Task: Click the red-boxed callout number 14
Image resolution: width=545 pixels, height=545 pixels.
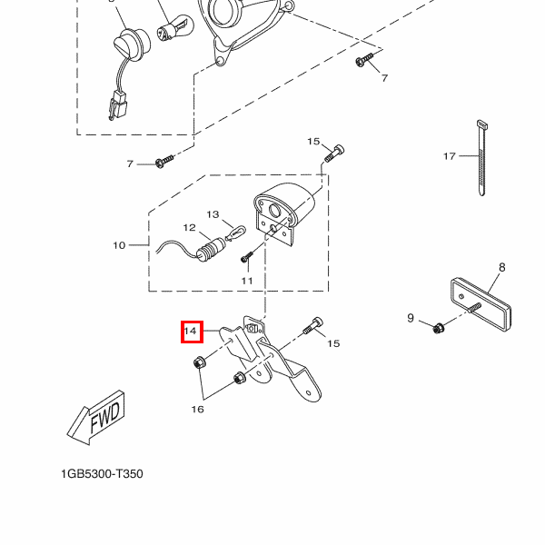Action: (191, 331)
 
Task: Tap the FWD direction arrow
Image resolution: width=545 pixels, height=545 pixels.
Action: (96, 418)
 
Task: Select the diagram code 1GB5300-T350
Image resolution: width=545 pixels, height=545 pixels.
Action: (102, 474)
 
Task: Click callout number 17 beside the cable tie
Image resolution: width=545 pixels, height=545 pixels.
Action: (450, 156)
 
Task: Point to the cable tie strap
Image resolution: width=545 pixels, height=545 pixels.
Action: (481, 158)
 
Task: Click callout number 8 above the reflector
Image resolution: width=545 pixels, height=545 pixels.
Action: (502, 267)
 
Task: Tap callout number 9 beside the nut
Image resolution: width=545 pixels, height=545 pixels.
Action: (411, 318)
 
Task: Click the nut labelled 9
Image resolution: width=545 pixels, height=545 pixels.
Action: (438, 328)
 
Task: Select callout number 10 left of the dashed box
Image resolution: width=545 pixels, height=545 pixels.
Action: (119, 245)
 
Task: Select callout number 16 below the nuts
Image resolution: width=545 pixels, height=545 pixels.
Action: (197, 409)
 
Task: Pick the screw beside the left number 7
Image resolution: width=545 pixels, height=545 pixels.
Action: (164, 162)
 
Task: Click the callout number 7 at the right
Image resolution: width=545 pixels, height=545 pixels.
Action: (384, 78)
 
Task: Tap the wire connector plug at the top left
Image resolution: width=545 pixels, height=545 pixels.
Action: (118, 105)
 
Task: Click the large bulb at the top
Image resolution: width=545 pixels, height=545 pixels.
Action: (175, 27)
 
